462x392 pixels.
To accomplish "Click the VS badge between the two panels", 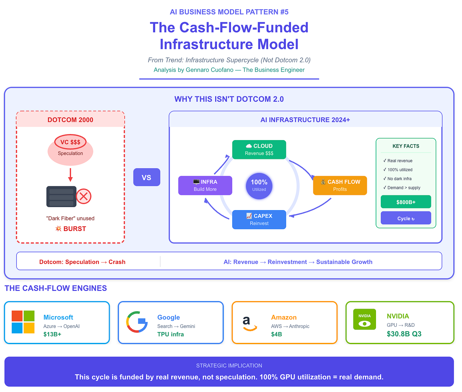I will tap(147, 177).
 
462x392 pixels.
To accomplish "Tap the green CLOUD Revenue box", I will tap(259, 150).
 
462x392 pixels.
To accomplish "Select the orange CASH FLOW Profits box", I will tap(340, 185).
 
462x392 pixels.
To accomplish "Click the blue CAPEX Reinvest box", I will tap(259, 220).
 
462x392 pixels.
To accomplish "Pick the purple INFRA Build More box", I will tap(205, 185).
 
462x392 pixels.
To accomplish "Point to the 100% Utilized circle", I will tap(259, 186).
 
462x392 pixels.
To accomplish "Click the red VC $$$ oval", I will tap(70, 142).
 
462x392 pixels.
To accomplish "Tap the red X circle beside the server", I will tap(83, 196).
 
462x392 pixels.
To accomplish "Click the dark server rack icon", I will tap(61, 196).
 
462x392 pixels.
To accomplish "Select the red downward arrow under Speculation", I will tap(70, 175).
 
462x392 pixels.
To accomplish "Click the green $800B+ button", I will tap(406, 202).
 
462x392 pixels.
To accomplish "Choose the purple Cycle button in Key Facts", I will tap(406, 218).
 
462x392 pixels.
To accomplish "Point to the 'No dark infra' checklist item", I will tap(399, 179).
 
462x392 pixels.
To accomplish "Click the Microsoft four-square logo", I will tap(23, 322).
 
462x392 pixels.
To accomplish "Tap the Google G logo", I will tap(137, 322).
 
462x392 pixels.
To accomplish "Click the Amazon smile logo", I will tap(250, 324).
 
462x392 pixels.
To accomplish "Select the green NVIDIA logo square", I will tap(365, 319).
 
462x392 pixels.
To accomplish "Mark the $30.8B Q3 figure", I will tap(404, 334).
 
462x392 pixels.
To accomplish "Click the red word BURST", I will tap(75, 229).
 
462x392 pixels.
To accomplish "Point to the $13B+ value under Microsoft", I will tap(52, 334).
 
